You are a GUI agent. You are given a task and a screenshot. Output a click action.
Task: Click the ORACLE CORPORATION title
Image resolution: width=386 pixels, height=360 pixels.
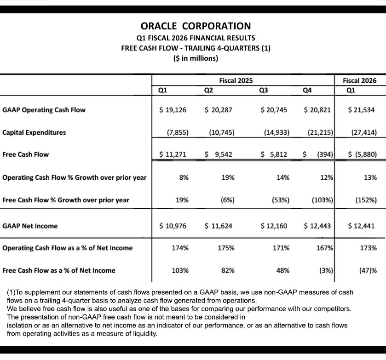196,26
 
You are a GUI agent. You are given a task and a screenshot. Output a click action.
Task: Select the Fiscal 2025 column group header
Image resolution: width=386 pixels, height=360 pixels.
236,80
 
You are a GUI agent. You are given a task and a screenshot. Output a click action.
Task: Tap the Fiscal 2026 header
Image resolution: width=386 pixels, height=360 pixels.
359,80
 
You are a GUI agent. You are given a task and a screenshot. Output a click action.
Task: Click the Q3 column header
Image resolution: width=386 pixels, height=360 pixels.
264,90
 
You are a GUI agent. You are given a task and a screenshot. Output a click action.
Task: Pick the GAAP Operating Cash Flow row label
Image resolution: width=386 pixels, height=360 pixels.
44,110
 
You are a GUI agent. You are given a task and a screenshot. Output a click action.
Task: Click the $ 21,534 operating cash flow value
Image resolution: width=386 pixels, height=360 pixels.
362,110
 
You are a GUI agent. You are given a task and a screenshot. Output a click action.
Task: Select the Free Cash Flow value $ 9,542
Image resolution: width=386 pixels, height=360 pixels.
219,154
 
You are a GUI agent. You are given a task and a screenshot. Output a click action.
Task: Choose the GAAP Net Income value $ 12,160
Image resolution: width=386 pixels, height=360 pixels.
275,226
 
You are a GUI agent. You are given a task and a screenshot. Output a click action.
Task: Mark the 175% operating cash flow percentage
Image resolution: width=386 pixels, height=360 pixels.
226,248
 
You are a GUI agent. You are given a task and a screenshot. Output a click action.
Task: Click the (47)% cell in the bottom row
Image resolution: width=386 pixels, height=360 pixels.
368,270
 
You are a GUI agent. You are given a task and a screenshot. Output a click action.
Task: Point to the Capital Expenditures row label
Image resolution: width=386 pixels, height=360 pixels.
34,132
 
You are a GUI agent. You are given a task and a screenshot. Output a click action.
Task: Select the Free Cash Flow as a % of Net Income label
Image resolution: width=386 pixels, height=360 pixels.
59,270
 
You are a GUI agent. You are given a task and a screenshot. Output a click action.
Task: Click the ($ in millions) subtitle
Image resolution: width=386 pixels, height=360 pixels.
196,58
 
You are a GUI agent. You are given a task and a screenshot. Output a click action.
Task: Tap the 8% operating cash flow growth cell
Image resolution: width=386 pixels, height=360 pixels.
184,177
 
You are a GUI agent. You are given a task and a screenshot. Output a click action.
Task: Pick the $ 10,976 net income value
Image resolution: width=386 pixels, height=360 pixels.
173,226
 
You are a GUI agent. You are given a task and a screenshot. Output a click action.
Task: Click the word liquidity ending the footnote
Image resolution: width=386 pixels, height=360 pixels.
144,333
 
